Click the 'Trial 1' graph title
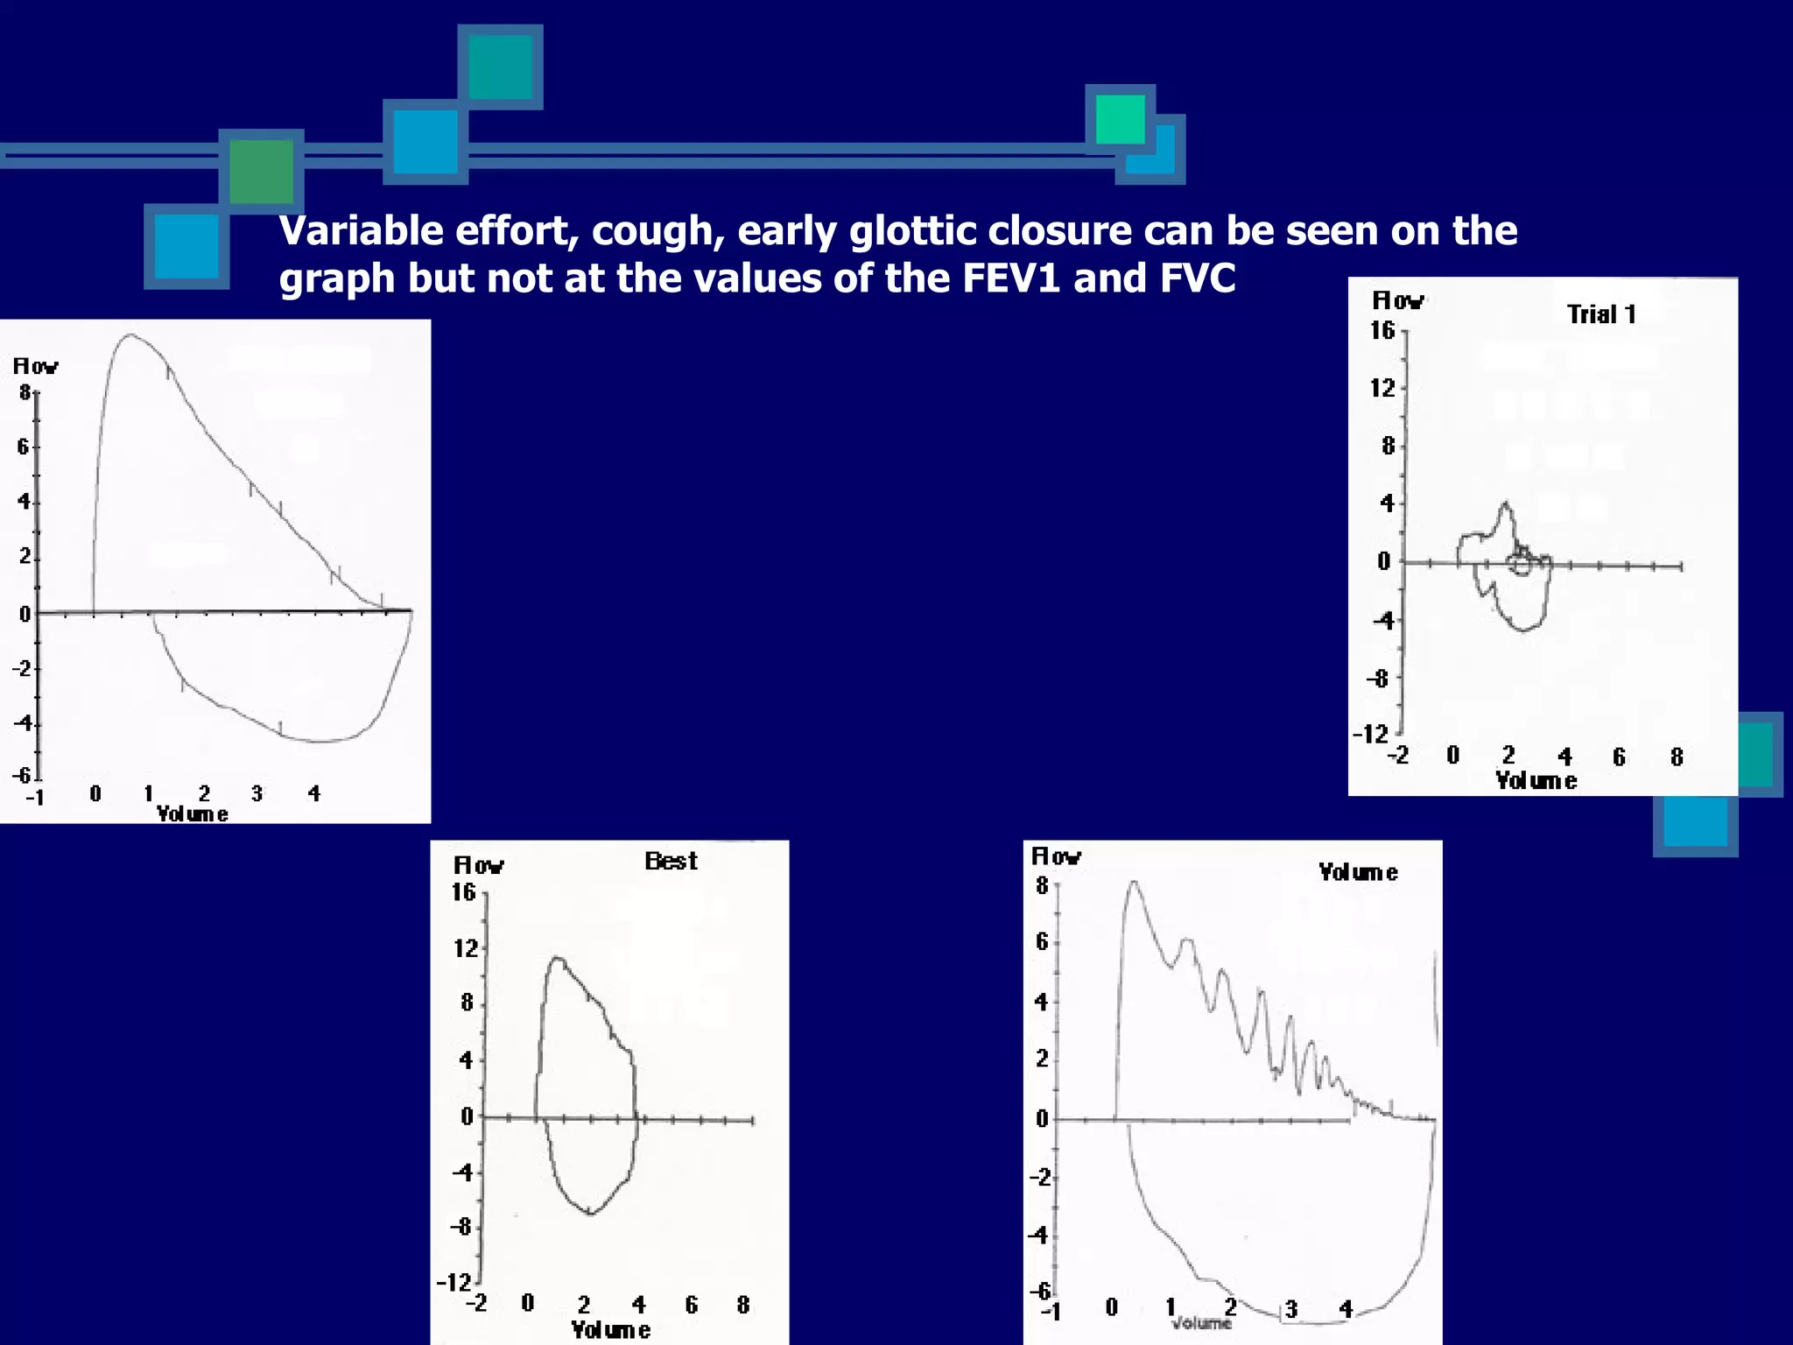click(1600, 314)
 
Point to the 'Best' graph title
click(671, 862)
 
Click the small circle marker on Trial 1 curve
click(1522, 565)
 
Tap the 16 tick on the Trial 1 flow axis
click(1382, 331)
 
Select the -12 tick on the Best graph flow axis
click(454, 1283)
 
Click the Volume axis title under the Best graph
click(610, 1330)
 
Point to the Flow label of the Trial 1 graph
click(1397, 301)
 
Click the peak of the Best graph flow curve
click(557, 959)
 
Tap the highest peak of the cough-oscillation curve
click(1134, 883)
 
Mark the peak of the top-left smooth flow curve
click(130, 335)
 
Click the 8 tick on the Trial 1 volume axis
click(1676, 757)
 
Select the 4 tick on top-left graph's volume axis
click(314, 794)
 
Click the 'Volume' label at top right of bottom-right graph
click(1358, 872)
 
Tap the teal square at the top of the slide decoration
click(500, 67)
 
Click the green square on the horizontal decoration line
click(261, 172)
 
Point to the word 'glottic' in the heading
click(913, 231)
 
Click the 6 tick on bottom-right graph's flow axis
click(1042, 941)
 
